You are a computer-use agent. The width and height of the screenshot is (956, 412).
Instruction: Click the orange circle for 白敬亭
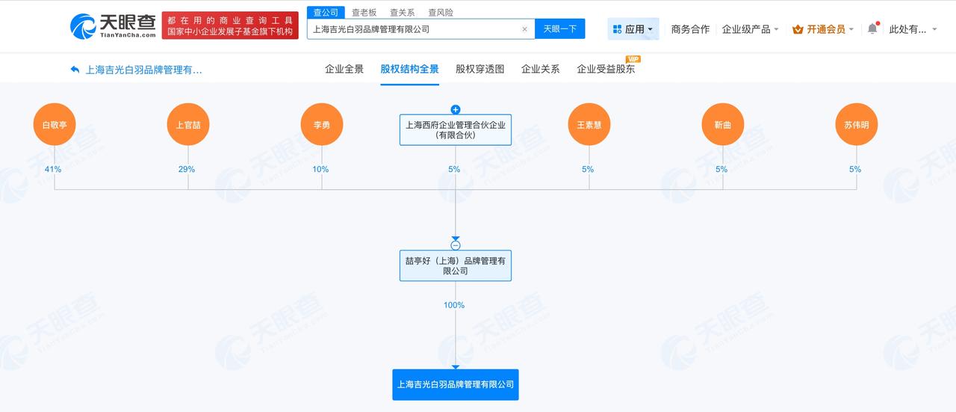[x=55, y=124]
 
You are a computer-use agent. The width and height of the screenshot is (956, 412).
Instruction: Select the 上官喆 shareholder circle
[x=188, y=124]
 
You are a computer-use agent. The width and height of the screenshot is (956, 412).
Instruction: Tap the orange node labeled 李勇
[x=322, y=124]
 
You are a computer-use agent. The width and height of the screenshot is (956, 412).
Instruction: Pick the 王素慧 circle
[x=589, y=124]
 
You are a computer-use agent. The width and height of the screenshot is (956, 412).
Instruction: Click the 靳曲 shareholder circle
[x=723, y=124]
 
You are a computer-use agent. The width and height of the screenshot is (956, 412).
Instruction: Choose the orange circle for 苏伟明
[x=857, y=124]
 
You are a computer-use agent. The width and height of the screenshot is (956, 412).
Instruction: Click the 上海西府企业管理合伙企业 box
[x=456, y=130]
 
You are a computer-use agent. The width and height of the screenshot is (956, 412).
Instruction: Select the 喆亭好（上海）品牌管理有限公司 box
[x=456, y=265]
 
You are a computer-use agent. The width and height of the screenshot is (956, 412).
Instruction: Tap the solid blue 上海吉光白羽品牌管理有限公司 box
[x=456, y=384]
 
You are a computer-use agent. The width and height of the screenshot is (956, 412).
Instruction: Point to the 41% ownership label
[x=53, y=169]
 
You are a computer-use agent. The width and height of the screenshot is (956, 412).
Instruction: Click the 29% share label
[x=187, y=169]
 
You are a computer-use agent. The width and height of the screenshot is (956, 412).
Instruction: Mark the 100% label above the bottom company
[x=454, y=305]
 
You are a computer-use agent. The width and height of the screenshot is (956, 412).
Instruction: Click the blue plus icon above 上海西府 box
[x=456, y=109]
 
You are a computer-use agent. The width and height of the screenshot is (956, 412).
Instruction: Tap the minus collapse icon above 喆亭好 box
[x=456, y=245]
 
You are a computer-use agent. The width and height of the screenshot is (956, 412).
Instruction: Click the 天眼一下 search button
[x=560, y=29]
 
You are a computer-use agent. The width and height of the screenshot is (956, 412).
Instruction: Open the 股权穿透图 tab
[x=480, y=70]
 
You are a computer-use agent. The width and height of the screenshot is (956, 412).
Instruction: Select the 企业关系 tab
[x=540, y=70]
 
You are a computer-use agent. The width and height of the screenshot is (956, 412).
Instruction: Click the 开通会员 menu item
[x=823, y=29]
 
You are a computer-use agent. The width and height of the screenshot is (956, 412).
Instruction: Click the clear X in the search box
[x=524, y=29]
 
